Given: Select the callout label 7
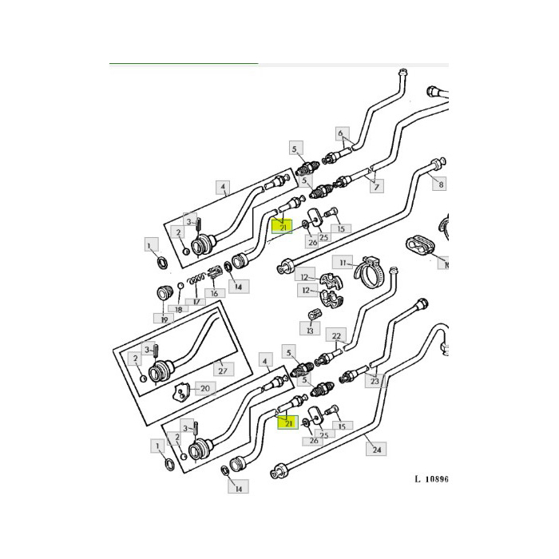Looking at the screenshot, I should [x=375, y=187].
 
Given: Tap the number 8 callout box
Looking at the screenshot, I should [x=439, y=184].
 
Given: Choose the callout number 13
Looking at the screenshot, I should [x=310, y=329].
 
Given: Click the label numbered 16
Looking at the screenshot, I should [x=213, y=293].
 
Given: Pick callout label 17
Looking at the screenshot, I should [x=191, y=302].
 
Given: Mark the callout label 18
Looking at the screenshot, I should [x=178, y=309].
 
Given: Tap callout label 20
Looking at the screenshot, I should [x=204, y=389].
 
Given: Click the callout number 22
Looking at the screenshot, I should [x=336, y=335].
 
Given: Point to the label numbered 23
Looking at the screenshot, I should [x=375, y=382].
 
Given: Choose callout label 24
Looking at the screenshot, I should [x=377, y=450].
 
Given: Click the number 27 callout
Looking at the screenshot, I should [x=222, y=371].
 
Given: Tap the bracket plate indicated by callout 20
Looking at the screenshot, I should [x=182, y=391].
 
